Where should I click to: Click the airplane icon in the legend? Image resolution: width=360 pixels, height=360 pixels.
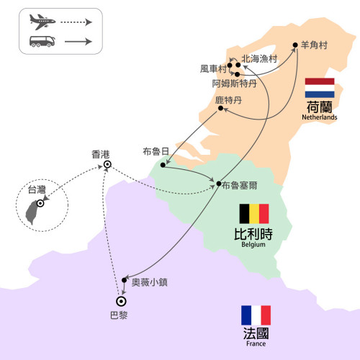[42, 22]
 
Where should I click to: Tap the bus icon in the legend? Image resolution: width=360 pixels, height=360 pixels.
[42, 42]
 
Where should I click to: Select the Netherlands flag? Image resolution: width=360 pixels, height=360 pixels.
[320, 88]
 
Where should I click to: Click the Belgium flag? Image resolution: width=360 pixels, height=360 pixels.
[254, 214]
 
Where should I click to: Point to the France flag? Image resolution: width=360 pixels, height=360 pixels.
[256, 315]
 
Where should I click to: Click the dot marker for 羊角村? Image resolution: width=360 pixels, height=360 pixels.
[295, 45]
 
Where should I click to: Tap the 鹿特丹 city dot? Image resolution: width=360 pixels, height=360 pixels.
[220, 108]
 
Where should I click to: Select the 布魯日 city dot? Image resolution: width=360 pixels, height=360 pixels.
[163, 165]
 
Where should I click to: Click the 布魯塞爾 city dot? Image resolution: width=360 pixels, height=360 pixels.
[219, 184]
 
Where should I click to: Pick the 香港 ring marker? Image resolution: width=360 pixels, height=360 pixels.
[107, 164]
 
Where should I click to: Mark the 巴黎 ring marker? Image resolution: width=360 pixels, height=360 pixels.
[121, 301]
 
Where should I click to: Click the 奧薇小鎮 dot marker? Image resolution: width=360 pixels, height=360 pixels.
[124, 280]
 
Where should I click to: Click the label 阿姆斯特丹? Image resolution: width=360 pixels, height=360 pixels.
[235, 84]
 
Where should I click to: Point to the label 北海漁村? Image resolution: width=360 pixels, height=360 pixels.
[259, 59]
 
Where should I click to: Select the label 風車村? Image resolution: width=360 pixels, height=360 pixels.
[213, 69]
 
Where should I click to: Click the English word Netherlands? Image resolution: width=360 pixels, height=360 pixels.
[320, 117]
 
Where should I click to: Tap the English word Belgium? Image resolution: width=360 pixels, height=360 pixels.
[253, 245]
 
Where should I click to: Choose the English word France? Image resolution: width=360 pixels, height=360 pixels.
[256, 343]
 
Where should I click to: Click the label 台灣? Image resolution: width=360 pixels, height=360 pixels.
[37, 189]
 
